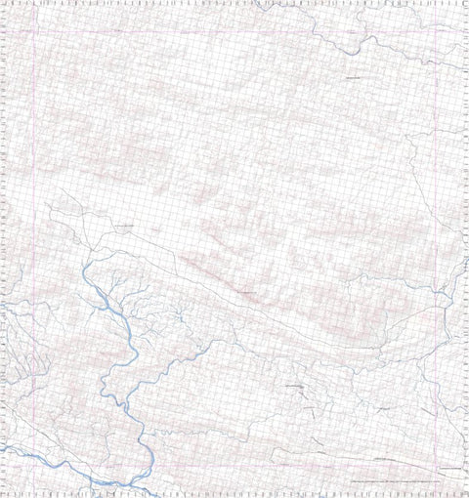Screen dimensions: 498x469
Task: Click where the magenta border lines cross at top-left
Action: pyautogui.click(x=35, y=31)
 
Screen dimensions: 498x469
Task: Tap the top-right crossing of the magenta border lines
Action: pyautogui.click(x=433, y=31)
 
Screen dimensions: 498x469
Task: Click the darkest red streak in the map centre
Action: pyautogui.click(x=244, y=292)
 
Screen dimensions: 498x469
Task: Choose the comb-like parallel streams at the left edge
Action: pyautogui.click(x=20, y=361)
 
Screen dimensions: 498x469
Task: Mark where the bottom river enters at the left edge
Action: pyautogui.click(x=3, y=446)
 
